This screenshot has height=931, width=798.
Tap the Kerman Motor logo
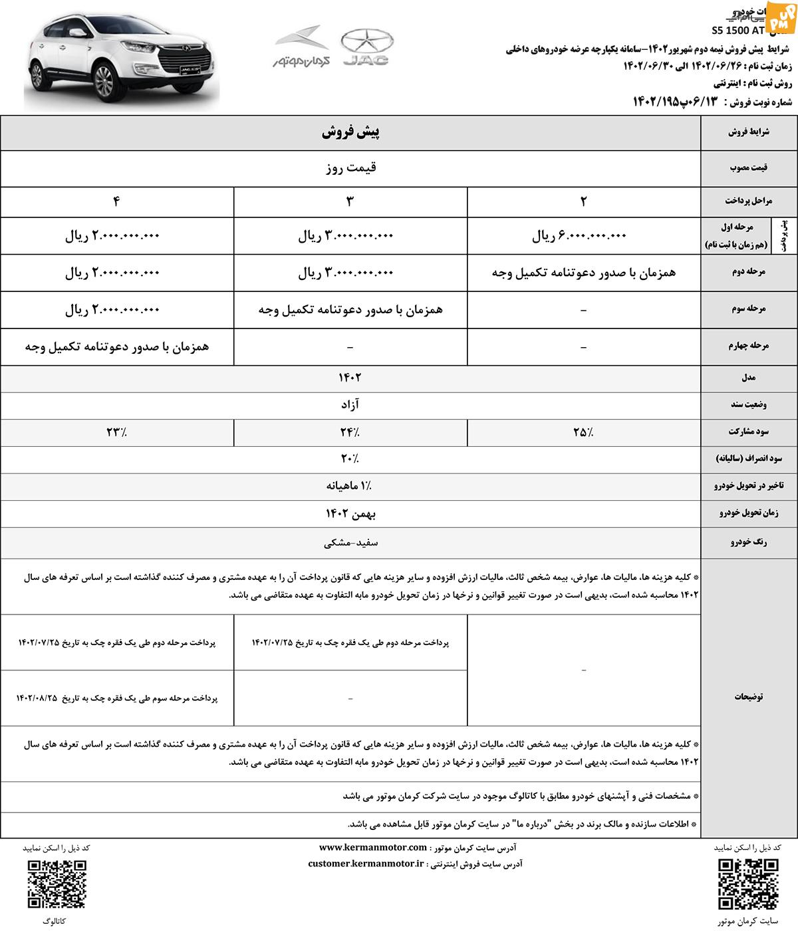[x=297, y=47]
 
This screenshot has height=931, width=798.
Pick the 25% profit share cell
[x=583, y=432]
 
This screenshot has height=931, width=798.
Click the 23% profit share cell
[x=117, y=432]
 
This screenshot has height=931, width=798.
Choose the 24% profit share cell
[x=350, y=432]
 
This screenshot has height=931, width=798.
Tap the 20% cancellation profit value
[x=350, y=459]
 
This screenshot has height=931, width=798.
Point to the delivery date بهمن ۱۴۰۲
[x=350, y=513]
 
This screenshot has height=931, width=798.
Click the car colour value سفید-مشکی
[x=350, y=543]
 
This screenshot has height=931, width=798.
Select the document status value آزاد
[x=350, y=405]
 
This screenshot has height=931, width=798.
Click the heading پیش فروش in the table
[x=350, y=132]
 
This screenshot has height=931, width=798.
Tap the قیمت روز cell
[x=350, y=168]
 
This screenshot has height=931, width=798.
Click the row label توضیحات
[x=749, y=697]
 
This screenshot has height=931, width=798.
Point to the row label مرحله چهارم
[x=749, y=346]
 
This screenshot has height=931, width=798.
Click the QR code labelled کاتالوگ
[x=57, y=884]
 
